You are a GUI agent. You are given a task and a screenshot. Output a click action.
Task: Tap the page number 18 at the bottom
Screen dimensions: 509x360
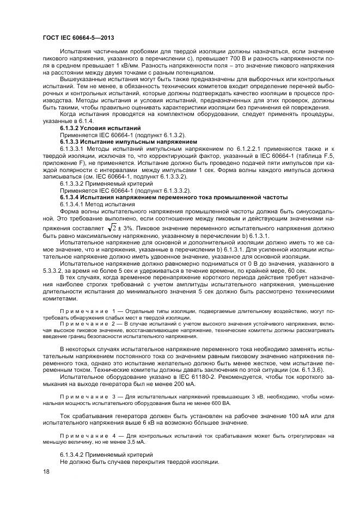point(46,472)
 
